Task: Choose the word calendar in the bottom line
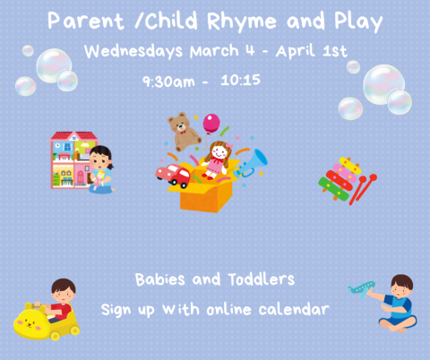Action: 295,309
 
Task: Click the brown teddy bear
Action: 185,131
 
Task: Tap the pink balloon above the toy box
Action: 211,122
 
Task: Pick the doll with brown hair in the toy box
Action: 217,158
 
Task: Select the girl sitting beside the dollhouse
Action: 101,170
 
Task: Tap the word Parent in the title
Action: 81,21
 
